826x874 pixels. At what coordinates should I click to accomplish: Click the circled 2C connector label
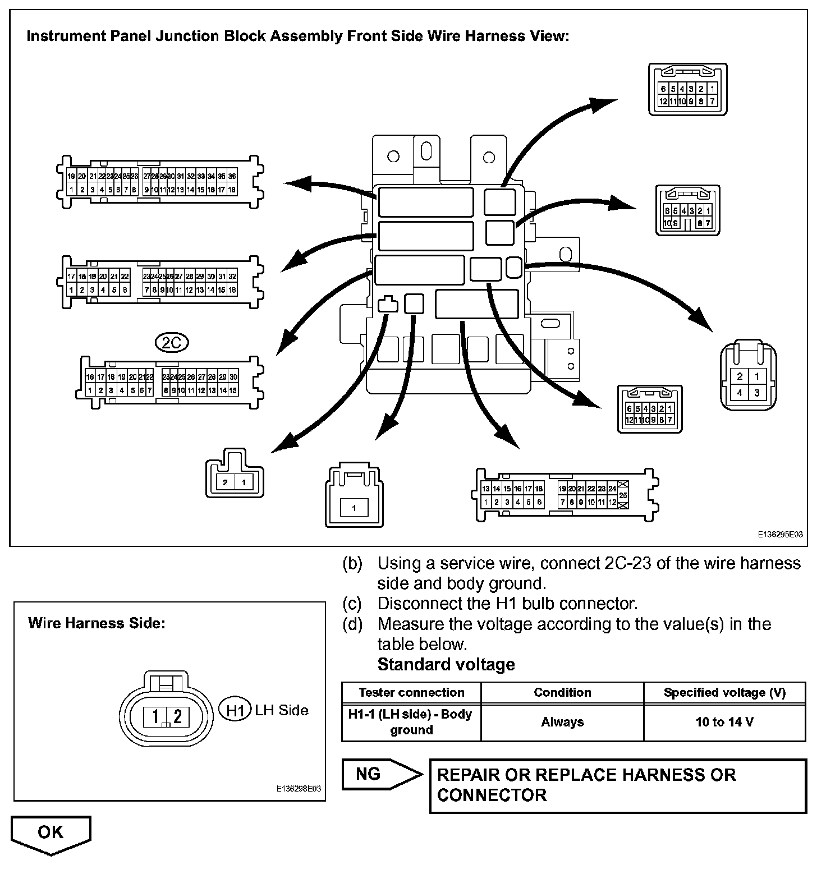[172, 342]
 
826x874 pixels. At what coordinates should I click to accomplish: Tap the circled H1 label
[234, 710]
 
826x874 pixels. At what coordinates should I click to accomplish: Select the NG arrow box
[380, 775]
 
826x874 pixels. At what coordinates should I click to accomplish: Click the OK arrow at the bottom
[51, 834]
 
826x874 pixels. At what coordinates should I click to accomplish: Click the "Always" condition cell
[562, 722]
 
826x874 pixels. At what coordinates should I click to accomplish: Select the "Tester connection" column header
[411, 692]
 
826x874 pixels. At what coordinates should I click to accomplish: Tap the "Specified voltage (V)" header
[724, 692]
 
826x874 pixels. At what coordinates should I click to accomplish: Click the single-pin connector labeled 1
[354, 496]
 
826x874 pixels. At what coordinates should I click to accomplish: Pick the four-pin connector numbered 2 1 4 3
[749, 375]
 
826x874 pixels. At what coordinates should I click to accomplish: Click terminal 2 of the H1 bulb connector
[178, 716]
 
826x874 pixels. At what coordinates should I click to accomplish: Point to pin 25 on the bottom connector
[623, 495]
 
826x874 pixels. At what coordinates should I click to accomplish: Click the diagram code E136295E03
[780, 535]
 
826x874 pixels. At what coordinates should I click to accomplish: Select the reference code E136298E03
[299, 788]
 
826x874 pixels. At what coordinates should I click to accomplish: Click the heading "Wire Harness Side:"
[97, 623]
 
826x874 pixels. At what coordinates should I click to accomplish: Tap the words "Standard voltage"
[446, 664]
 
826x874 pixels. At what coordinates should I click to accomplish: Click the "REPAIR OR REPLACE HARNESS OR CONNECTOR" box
[618, 785]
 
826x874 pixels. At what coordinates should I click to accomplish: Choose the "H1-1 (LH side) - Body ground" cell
[411, 722]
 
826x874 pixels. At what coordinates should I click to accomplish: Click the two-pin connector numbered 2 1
[235, 475]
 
